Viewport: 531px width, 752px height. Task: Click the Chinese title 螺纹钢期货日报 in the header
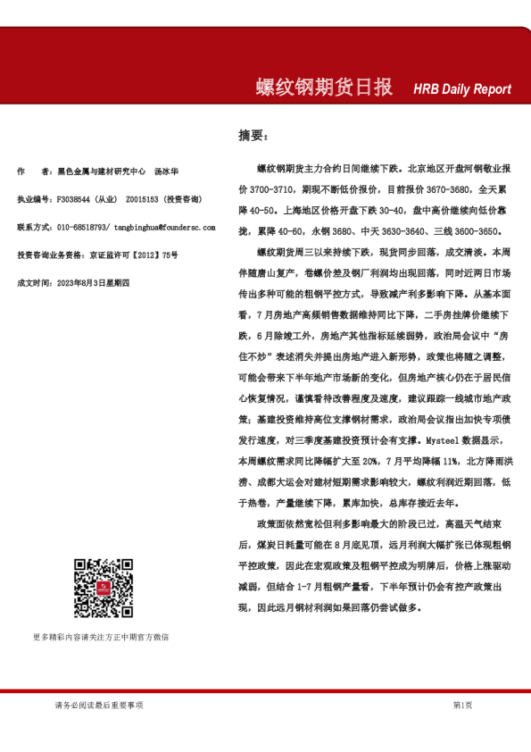324,88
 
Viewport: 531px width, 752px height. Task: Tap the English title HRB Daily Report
462,89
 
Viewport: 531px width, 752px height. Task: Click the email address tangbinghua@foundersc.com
166,227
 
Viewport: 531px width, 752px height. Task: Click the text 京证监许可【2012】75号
134,255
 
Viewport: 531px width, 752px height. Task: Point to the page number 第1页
462,706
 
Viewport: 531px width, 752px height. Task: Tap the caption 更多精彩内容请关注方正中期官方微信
100,637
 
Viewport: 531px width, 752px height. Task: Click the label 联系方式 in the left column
34,227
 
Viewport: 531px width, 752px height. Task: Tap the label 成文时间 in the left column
34,282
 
